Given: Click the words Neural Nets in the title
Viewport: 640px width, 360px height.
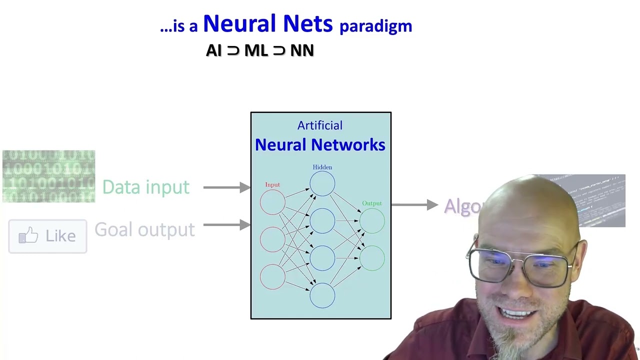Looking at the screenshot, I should click(x=267, y=24).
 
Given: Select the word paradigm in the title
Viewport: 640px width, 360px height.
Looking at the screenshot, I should click(x=375, y=26).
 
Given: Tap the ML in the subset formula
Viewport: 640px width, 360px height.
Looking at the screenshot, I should click(x=255, y=50).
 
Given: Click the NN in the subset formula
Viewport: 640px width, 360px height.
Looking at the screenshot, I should click(x=302, y=50).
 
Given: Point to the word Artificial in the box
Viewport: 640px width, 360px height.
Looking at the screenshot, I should click(x=320, y=125).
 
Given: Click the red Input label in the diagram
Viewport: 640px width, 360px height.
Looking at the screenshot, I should click(x=272, y=185).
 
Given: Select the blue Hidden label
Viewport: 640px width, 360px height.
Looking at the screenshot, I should click(x=322, y=167).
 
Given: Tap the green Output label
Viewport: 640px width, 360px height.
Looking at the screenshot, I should click(x=371, y=203).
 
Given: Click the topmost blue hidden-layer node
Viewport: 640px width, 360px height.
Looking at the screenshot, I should click(x=322, y=183).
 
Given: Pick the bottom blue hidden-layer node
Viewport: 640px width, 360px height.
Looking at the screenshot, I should click(x=322, y=295).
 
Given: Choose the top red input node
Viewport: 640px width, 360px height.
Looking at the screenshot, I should click(x=272, y=202).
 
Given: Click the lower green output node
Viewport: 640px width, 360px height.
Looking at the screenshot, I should click(x=372, y=258).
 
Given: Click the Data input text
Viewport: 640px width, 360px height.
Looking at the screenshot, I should click(x=145, y=187).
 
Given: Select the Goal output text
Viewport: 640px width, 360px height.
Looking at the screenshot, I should click(x=144, y=230).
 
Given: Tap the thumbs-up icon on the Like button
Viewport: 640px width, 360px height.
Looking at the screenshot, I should click(x=29, y=235).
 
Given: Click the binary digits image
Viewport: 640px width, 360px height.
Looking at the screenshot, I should click(x=48, y=176).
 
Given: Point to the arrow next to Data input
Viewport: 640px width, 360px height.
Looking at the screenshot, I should click(x=226, y=187).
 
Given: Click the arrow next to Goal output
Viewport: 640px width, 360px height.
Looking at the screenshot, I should click(x=226, y=225).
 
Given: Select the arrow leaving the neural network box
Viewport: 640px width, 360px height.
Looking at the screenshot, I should click(x=414, y=205).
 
